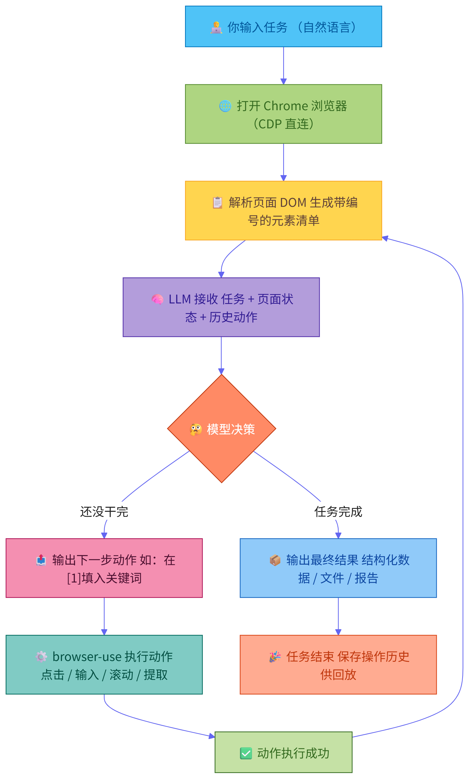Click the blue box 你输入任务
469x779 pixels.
click(283, 26)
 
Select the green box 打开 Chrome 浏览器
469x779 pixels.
click(283, 114)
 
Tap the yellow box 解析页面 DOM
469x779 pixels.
click(283, 211)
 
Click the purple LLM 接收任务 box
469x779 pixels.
click(221, 307)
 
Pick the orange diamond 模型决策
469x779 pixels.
click(222, 429)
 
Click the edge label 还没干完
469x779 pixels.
click(104, 512)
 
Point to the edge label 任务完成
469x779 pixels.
click(338, 512)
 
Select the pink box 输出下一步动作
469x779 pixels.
click(104, 568)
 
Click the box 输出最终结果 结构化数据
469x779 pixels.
click(338, 568)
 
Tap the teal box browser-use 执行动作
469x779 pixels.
click(104, 665)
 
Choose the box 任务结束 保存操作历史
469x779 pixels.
click(338, 665)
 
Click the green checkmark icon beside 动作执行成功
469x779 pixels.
click(246, 753)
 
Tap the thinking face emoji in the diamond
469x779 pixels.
click(196, 430)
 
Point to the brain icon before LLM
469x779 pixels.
click(157, 299)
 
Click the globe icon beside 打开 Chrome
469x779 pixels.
click(225, 106)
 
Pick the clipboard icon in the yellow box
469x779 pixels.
click(218, 203)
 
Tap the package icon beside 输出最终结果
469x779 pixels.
click(275, 560)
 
